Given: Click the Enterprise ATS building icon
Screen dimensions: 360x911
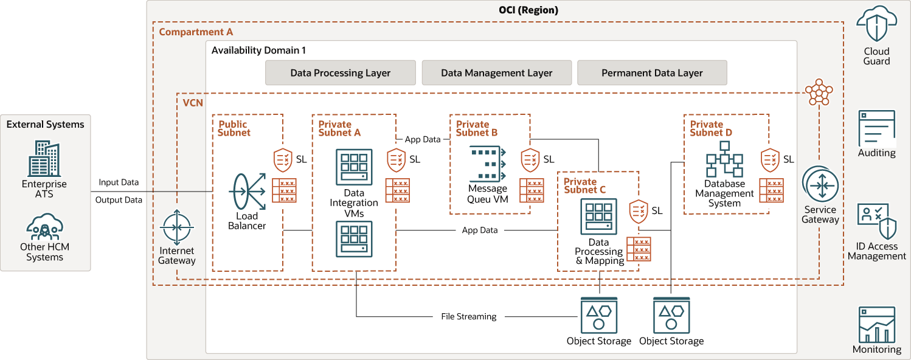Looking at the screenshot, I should pyautogui.click(x=44, y=159).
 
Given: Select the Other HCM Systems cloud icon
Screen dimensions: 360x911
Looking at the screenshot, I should pyautogui.click(x=44, y=226).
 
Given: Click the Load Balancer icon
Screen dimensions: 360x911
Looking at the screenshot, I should pyautogui.click(x=247, y=192).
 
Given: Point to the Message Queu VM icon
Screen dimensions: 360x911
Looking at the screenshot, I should pyautogui.click(x=487, y=163).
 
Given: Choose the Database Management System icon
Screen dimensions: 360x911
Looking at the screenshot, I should pyautogui.click(x=724, y=159).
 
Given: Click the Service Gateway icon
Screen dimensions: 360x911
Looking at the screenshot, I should pyautogui.click(x=820, y=185).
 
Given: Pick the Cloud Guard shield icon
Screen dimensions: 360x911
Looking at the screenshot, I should pyautogui.click(x=877, y=24).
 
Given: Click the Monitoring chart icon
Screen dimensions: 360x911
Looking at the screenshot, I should pyautogui.click(x=877, y=325).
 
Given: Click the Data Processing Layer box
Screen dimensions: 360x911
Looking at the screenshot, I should pyautogui.click(x=341, y=73).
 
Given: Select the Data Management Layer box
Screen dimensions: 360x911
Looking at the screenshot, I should pyautogui.click(x=497, y=73).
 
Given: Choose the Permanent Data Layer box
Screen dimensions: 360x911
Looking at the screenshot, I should pyautogui.click(x=652, y=73).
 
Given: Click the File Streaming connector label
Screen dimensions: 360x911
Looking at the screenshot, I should pyautogui.click(x=469, y=317).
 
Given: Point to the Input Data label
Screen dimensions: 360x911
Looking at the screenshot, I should pyautogui.click(x=119, y=182).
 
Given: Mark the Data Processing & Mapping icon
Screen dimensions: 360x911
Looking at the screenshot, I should pyautogui.click(x=599, y=216).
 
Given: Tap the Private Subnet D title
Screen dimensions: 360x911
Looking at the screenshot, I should pyautogui.click(x=711, y=128).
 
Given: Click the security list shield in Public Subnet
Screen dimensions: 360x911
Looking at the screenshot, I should pyautogui.click(x=283, y=159).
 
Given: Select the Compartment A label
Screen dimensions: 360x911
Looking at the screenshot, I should pyautogui.click(x=196, y=32).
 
